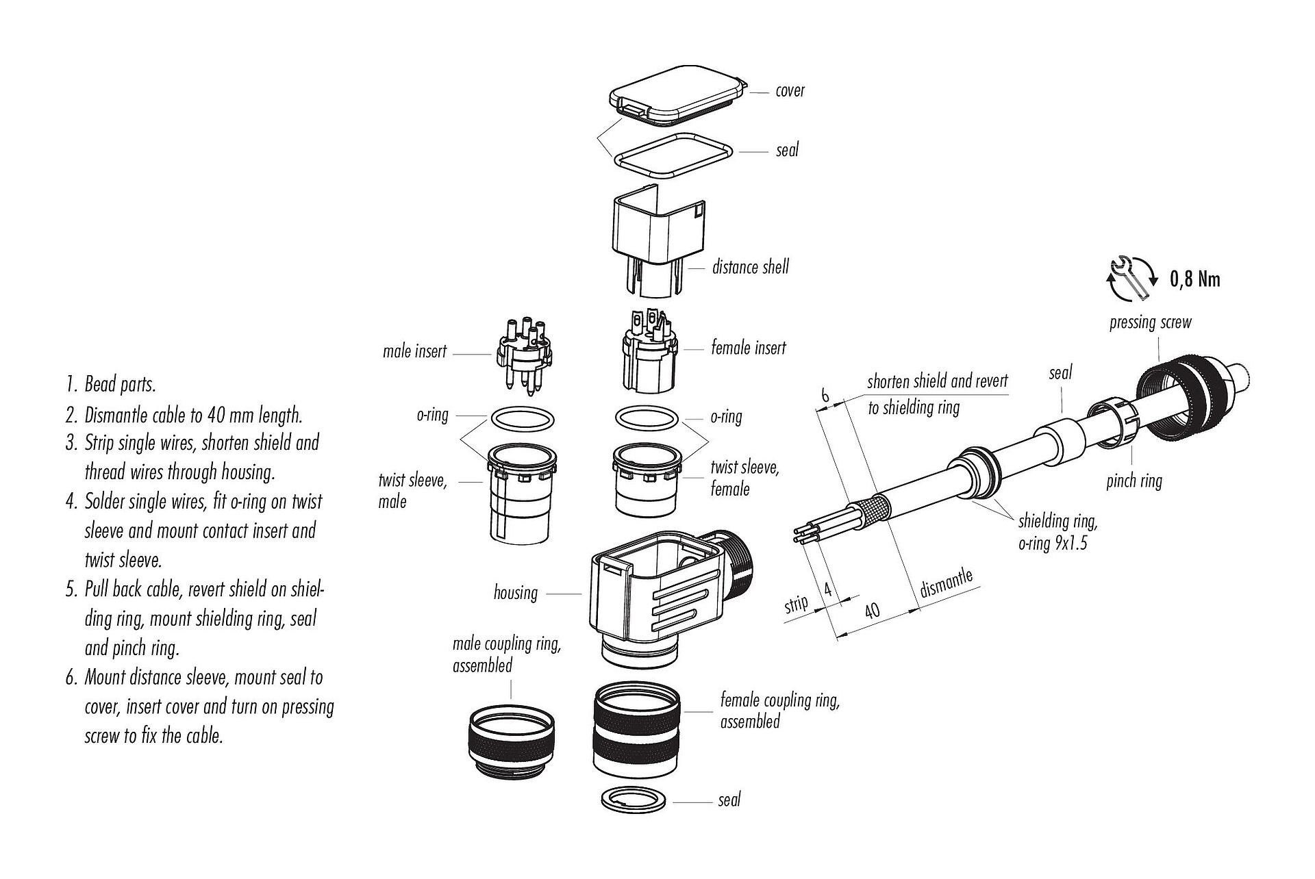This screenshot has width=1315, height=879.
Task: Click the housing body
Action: [657, 589]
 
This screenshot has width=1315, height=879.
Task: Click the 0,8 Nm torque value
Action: [1195, 279]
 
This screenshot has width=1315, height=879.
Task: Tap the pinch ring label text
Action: [1134, 481]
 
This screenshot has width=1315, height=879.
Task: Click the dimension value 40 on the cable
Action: [872, 609]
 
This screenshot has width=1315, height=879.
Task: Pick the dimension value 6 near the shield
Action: [825, 396]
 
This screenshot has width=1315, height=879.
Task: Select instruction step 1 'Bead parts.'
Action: [112, 384]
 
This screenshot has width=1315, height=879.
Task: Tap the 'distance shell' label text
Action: [750, 267]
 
